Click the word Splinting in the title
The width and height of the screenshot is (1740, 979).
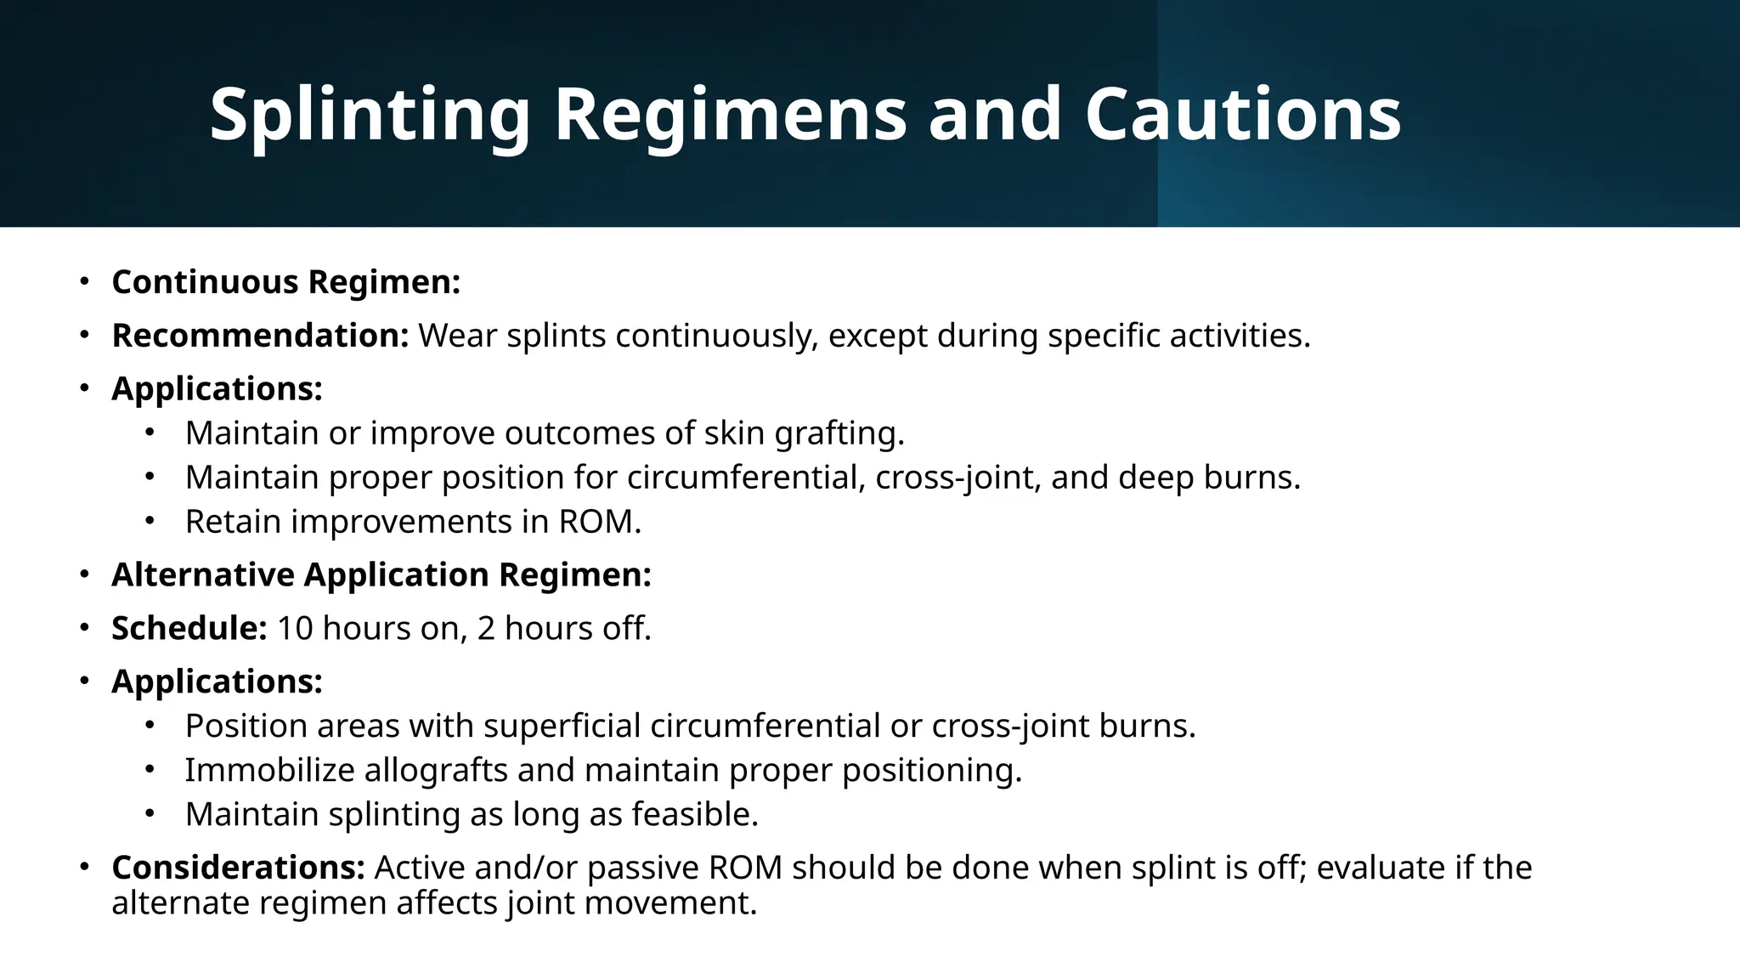tap(370, 115)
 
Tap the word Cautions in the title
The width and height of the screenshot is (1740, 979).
tap(1242, 115)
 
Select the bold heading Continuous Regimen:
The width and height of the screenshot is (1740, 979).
tap(285, 282)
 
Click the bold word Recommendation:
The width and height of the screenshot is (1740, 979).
tap(261, 336)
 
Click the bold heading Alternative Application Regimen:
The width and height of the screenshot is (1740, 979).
tap(381, 575)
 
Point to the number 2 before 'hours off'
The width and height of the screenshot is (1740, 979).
tap(486, 629)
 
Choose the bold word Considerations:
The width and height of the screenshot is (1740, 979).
tap(238, 868)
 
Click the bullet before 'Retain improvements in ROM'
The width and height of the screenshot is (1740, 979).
tap(150, 521)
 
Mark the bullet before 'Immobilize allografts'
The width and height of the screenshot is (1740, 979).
tap(150, 770)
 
